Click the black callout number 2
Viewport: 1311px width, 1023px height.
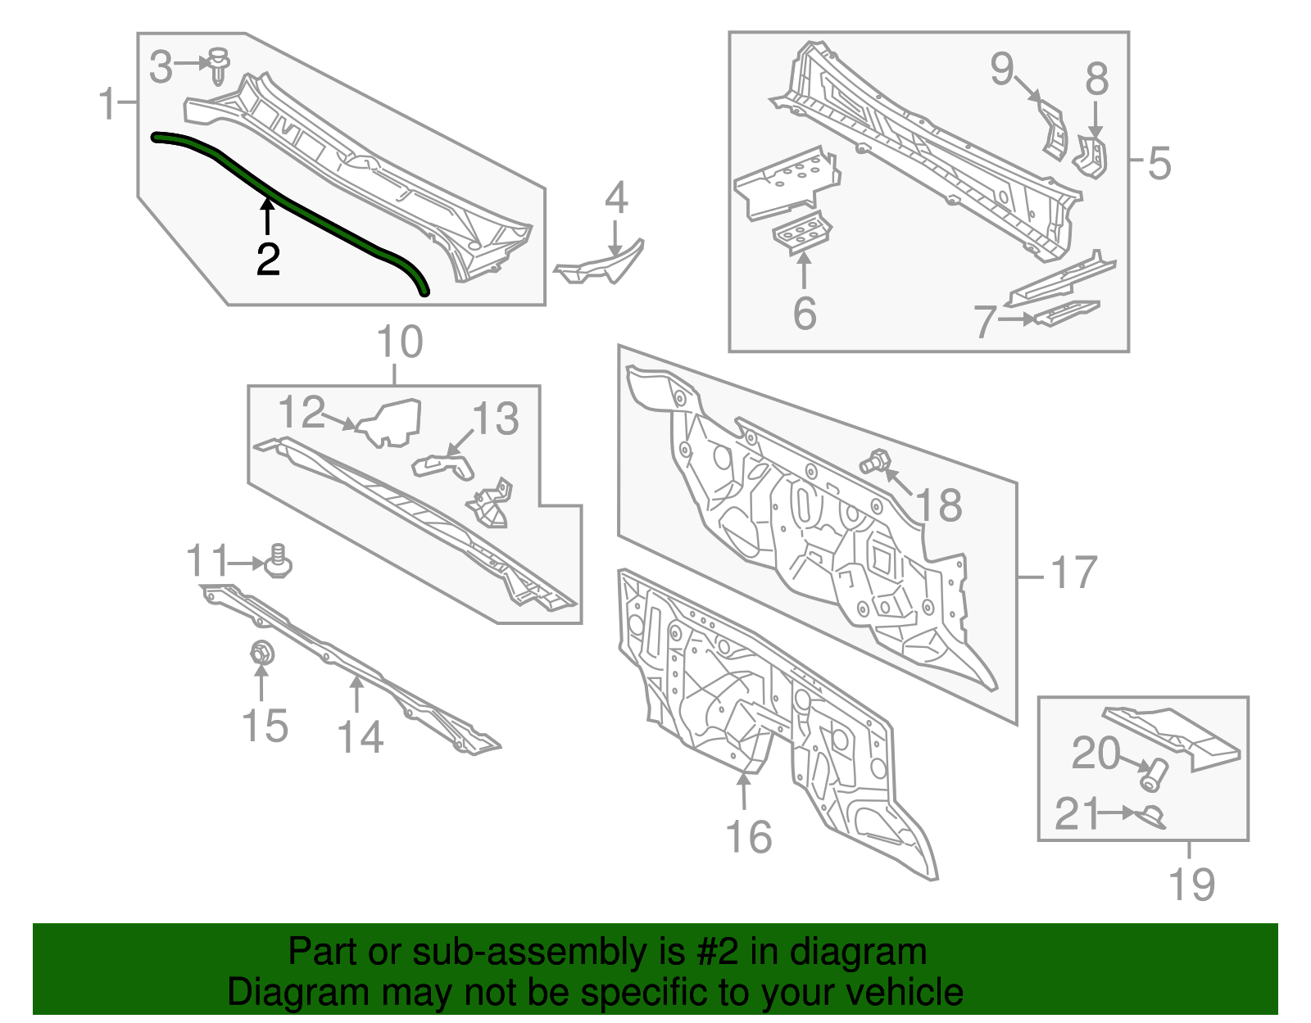pyautogui.click(x=268, y=260)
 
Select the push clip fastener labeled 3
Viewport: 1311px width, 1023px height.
pyautogui.click(x=219, y=65)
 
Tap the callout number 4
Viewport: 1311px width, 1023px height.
pyautogui.click(x=616, y=198)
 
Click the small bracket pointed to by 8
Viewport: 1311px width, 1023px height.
pyautogui.click(x=1092, y=157)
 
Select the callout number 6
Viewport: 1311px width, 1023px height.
pyautogui.click(x=804, y=313)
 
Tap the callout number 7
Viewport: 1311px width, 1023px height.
pyautogui.click(x=986, y=321)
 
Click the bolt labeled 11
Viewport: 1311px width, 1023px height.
pyautogui.click(x=279, y=562)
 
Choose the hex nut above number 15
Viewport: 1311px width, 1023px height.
pyautogui.click(x=261, y=654)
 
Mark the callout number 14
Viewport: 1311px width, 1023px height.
pyautogui.click(x=360, y=736)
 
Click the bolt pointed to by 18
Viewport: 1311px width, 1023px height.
pyautogui.click(x=873, y=464)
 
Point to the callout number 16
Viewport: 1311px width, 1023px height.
pyautogui.click(x=748, y=837)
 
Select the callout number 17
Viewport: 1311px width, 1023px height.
pyautogui.click(x=1073, y=573)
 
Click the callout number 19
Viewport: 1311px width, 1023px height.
pyautogui.click(x=1191, y=885)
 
